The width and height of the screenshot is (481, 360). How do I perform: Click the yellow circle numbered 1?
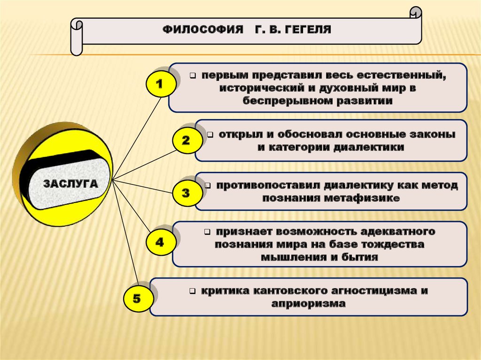pos(159,84)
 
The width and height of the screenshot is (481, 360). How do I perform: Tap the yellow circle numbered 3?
pos(186,193)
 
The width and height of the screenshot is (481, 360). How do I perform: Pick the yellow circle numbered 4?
pos(160,242)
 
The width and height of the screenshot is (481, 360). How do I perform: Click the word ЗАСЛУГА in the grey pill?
pos(71,184)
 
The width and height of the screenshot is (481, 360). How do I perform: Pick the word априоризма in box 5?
pos(308,303)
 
